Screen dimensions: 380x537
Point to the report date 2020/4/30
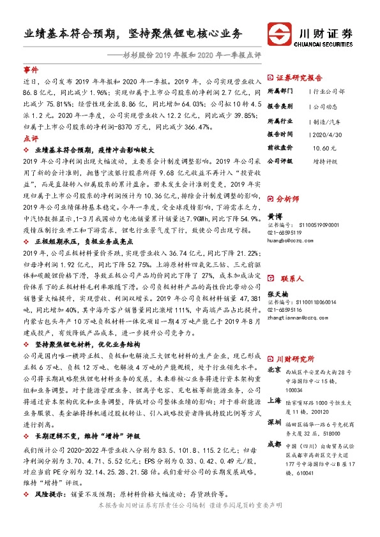click(328, 134)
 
